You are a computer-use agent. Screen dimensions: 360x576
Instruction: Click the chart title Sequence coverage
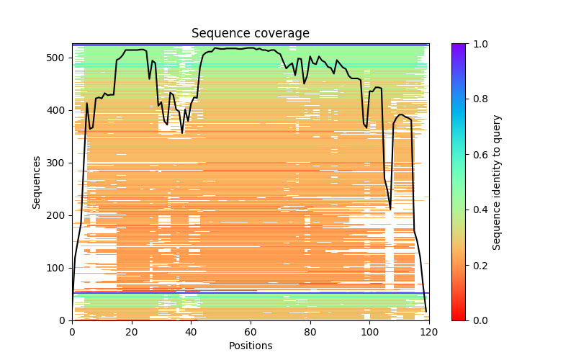pos(251,34)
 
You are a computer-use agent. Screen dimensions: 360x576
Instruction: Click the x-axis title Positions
pos(251,346)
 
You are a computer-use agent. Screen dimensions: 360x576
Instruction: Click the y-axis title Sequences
pos(37,182)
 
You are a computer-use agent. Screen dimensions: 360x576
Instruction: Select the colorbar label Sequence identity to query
pos(497,182)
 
